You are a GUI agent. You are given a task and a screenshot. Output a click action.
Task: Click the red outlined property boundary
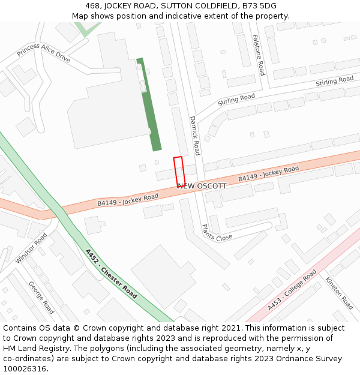coord(179,172)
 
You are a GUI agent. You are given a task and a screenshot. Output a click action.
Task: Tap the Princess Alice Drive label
coord(43,53)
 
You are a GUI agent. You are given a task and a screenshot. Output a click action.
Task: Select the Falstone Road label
coord(257,55)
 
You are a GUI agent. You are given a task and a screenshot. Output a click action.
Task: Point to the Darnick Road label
coord(194,136)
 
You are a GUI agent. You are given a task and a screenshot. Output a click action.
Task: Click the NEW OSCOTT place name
coord(202,186)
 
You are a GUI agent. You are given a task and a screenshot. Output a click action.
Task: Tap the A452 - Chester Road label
coord(111,274)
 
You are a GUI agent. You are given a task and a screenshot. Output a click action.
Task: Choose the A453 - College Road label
coord(292,290)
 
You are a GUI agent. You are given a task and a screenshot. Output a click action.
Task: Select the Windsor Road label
coord(31,248)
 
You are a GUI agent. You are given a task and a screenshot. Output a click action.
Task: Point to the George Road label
coord(41,298)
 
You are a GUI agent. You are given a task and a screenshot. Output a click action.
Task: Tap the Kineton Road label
coord(340,293)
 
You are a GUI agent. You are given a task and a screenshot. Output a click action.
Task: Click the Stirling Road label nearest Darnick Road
coord(236,99)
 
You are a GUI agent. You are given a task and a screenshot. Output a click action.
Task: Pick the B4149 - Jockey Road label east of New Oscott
coord(268,174)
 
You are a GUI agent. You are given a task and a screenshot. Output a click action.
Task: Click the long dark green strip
coord(149,105)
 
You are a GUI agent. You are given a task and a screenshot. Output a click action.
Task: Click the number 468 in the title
coord(86,6)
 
